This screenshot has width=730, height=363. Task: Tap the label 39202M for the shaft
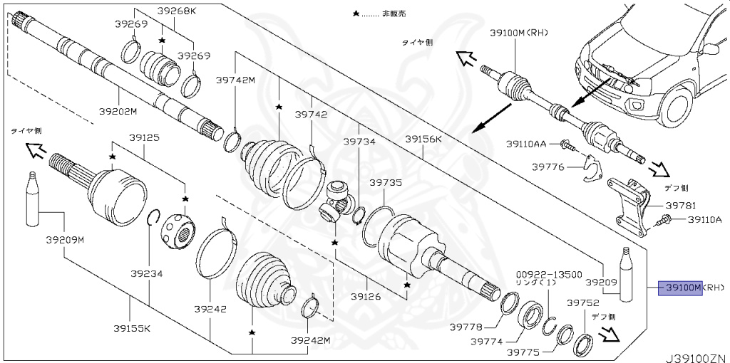click(118, 111)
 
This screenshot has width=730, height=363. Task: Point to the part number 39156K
click(424, 139)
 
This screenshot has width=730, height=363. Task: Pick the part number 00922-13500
click(549, 273)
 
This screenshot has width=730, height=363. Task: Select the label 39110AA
click(526, 144)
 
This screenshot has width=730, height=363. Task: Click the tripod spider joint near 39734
click(338, 200)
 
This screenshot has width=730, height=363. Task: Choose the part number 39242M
click(310, 341)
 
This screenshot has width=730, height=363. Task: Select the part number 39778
click(466, 327)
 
